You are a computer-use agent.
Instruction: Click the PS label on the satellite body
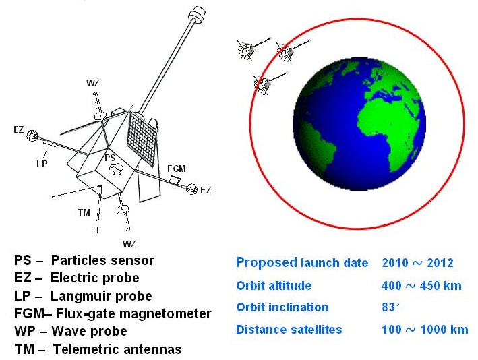(110, 158)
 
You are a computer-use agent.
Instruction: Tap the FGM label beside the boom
(177, 169)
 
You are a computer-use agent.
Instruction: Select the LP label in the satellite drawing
(42, 164)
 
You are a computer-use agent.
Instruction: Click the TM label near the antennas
(84, 212)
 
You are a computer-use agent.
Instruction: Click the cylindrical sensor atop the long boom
(197, 15)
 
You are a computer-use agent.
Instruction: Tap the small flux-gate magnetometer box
(175, 180)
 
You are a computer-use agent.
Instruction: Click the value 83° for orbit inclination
(390, 307)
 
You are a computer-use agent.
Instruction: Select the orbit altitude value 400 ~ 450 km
(421, 286)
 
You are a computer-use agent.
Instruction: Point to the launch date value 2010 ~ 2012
(417, 262)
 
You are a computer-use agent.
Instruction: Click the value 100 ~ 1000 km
(425, 330)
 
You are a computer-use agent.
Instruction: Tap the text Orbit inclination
(282, 307)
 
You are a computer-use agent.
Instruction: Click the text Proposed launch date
(302, 263)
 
